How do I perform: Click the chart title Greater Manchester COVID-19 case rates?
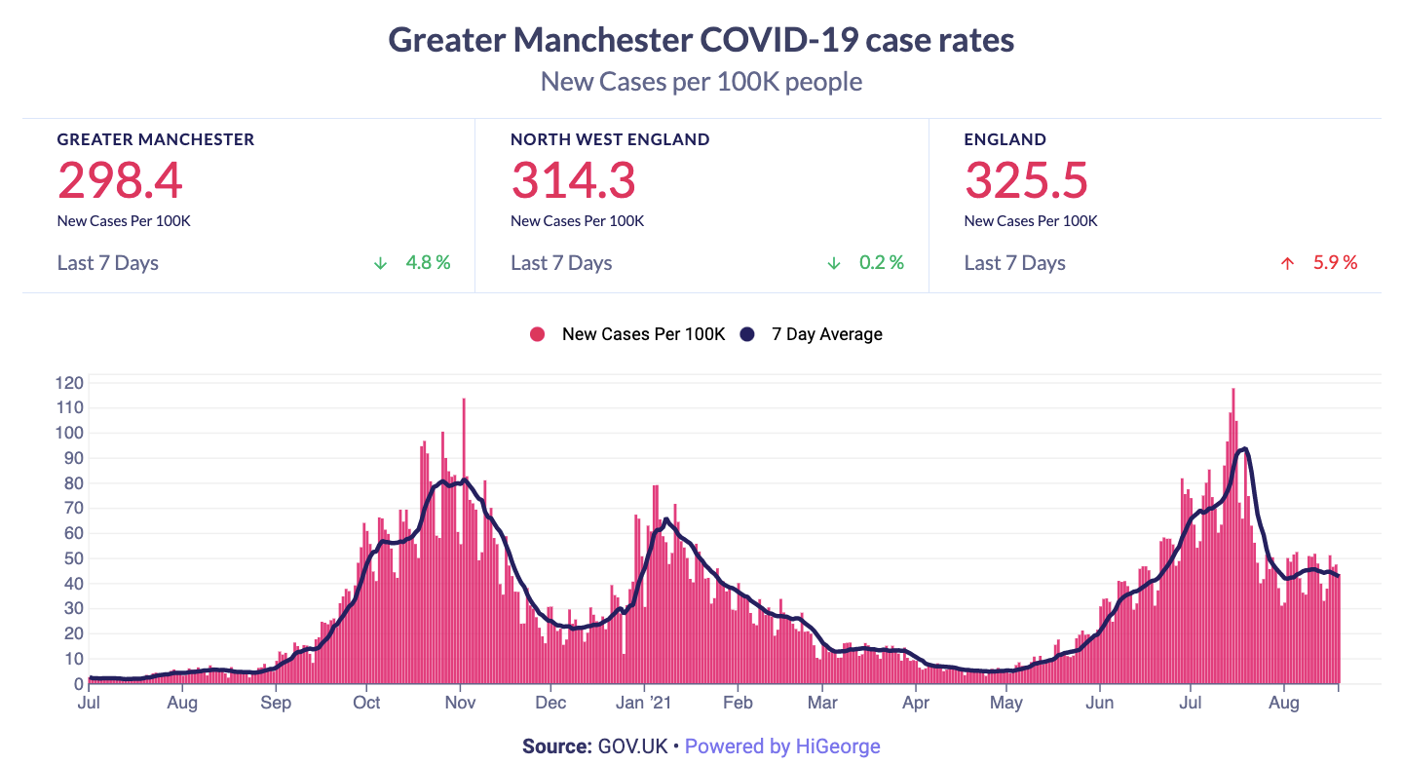coord(701,40)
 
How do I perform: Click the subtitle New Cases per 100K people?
coord(701,81)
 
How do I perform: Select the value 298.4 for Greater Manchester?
coord(120,180)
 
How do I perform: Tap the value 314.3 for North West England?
coord(573,180)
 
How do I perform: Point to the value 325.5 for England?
coord(1026,180)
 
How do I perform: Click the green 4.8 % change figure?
coord(428,263)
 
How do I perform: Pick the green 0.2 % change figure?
coord(881,263)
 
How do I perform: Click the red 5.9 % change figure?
coord(1335,263)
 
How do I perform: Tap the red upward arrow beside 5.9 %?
coord(1287,263)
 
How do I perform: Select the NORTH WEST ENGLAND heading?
coord(610,139)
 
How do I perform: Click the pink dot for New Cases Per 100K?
coord(537,334)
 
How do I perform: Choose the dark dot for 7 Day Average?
coord(747,334)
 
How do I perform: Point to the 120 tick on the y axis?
coord(68,383)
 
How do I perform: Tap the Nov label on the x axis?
coord(459,703)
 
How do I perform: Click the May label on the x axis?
coord(1006,703)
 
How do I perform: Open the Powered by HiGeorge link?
coord(782,746)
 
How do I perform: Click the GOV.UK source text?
coord(632,746)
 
